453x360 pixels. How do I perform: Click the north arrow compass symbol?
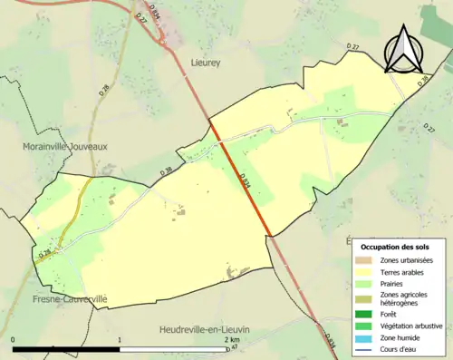tap(405, 49)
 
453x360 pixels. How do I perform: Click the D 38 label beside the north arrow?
tap(423, 81)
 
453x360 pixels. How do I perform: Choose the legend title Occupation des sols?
tap(396, 247)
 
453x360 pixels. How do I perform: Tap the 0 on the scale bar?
tap(14, 341)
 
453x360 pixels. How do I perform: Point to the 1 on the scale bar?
tap(120, 341)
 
